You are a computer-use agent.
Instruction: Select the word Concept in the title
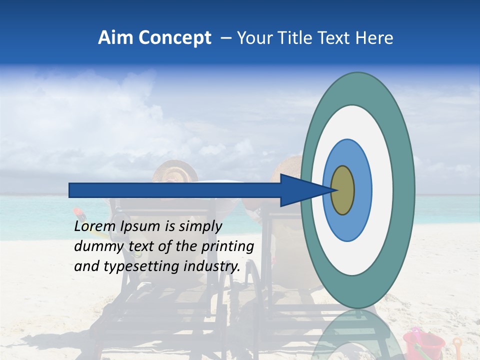[175, 38]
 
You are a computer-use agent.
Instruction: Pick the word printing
[227, 246]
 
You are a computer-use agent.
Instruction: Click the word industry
[211, 266]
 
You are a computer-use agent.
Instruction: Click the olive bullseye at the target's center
[342, 190]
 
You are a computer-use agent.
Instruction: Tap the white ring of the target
[382, 190]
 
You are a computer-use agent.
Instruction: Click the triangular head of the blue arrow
[300, 190]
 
